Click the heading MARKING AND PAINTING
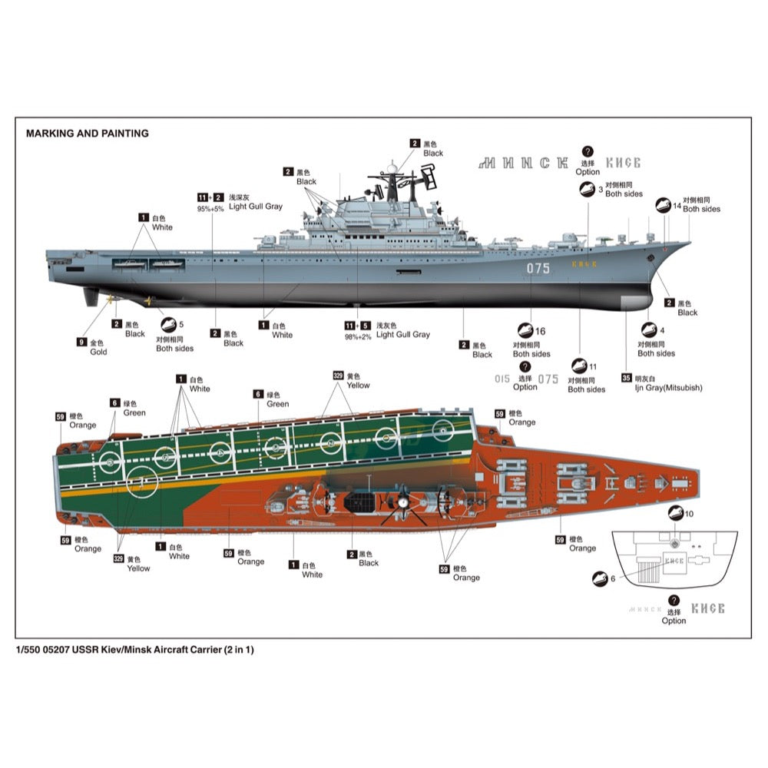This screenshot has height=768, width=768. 87,133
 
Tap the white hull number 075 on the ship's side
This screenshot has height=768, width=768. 538,268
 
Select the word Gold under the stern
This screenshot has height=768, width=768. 98,352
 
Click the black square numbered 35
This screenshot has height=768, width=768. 627,378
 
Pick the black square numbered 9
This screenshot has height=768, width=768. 81,342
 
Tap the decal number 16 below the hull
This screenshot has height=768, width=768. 540,331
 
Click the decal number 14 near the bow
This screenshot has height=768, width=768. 677,205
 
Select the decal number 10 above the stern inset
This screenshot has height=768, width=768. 689,513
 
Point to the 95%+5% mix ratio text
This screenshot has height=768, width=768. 210,209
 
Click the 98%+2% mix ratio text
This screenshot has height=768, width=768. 359,336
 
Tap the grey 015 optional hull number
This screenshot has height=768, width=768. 502,379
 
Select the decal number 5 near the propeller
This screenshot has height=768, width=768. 181,325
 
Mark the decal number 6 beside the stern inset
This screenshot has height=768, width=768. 612,578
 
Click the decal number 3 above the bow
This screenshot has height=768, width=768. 601,189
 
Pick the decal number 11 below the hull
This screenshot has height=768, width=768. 592,366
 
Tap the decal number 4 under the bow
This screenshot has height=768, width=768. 661,331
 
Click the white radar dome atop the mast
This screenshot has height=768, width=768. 392,167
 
